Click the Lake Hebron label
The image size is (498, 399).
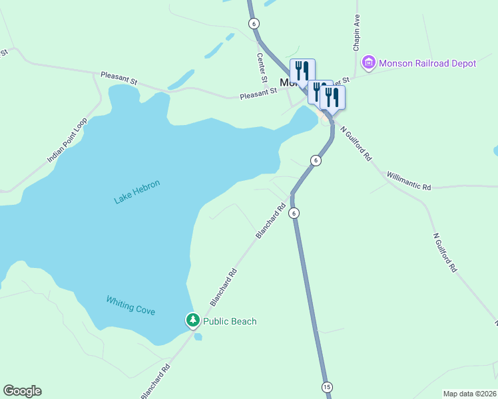pyautogui.click(x=137, y=192)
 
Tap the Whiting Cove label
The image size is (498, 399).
pyautogui.click(x=130, y=305)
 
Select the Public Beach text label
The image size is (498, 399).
pyautogui.click(x=230, y=321)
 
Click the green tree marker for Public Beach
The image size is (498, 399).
pyautogui.click(x=192, y=321)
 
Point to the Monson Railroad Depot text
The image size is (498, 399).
pyautogui.click(x=427, y=63)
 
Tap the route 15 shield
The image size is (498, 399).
pyautogui.click(x=326, y=387)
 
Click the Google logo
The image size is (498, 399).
pyautogui.click(x=22, y=391)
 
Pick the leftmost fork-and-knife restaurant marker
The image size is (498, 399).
pyautogui.click(x=302, y=70)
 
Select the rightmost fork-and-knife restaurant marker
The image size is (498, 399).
pyautogui.click(x=332, y=97)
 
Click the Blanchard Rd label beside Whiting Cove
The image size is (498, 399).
pyautogui.click(x=224, y=287)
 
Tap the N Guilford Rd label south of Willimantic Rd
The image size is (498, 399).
pyautogui.click(x=445, y=252)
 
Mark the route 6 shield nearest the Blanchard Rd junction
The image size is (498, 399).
pyautogui.click(x=294, y=213)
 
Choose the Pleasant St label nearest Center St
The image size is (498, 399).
pyautogui.click(x=258, y=94)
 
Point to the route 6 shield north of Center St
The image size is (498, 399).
pyautogui.click(x=254, y=23)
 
